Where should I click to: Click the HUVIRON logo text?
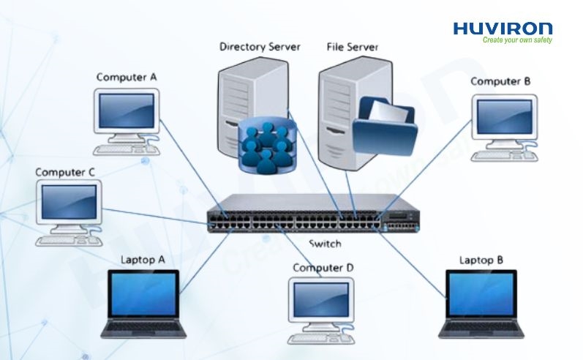(x=503, y=29)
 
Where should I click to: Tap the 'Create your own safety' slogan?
(x=516, y=40)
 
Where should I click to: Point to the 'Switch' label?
(x=325, y=244)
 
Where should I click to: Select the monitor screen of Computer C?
(x=68, y=200)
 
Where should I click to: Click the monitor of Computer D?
(x=322, y=301)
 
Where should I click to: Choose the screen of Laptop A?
(x=142, y=296)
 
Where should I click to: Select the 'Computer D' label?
(x=323, y=268)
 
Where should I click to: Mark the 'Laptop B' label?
(x=481, y=260)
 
